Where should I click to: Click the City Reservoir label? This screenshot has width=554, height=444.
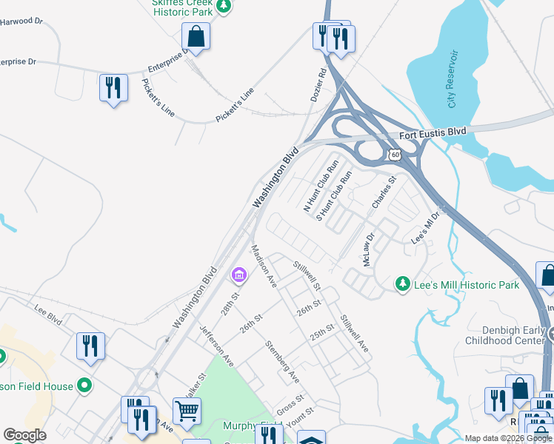pyautogui.click(x=453, y=80)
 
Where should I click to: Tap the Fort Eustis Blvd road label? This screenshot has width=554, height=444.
pyautogui.click(x=433, y=133)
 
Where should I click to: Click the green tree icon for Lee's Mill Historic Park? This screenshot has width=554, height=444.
pyautogui.click(x=402, y=283)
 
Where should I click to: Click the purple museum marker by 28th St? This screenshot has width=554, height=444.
pyautogui.click(x=238, y=276)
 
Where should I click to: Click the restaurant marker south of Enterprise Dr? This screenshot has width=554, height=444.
pyautogui.click(x=113, y=87)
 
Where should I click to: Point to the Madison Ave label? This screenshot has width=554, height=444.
pyautogui.click(x=264, y=266)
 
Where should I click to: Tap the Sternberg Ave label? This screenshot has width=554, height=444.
pyautogui.click(x=282, y=362)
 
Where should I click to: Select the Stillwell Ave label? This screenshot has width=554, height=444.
pyautogui.click(x=354, y=333)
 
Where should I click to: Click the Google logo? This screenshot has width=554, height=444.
pyautogui.click(x=24, y=435)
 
